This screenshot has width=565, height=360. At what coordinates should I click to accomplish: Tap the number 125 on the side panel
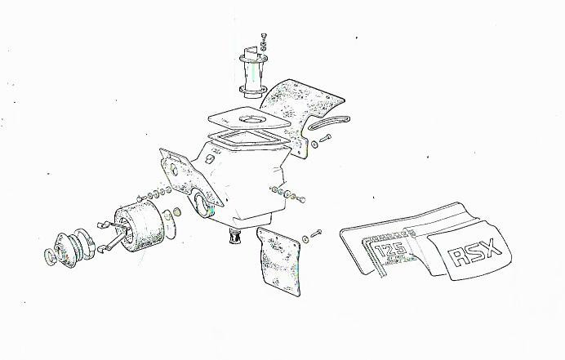(390, 249)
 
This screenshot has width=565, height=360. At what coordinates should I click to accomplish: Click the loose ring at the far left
(50, 256)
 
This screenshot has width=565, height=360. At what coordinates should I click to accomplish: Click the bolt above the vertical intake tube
(264, 36)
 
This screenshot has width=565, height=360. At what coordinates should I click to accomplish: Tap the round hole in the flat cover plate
(252, 120)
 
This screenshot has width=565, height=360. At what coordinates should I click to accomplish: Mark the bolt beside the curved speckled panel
(326, 138)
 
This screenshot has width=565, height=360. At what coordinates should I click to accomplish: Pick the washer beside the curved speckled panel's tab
(314, 144)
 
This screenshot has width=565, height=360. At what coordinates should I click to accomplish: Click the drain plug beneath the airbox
(235, 236)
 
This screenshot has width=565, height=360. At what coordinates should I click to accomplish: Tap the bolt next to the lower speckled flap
(316, 233)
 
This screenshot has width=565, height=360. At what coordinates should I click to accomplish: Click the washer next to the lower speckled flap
(305, 239)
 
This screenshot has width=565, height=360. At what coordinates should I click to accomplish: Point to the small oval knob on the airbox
(209, 158)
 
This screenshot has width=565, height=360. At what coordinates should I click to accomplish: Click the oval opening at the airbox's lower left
(202, 205)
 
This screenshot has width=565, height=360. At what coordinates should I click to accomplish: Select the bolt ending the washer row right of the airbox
(301, 199)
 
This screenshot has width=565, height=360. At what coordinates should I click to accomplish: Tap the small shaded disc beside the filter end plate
(177, 211)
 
